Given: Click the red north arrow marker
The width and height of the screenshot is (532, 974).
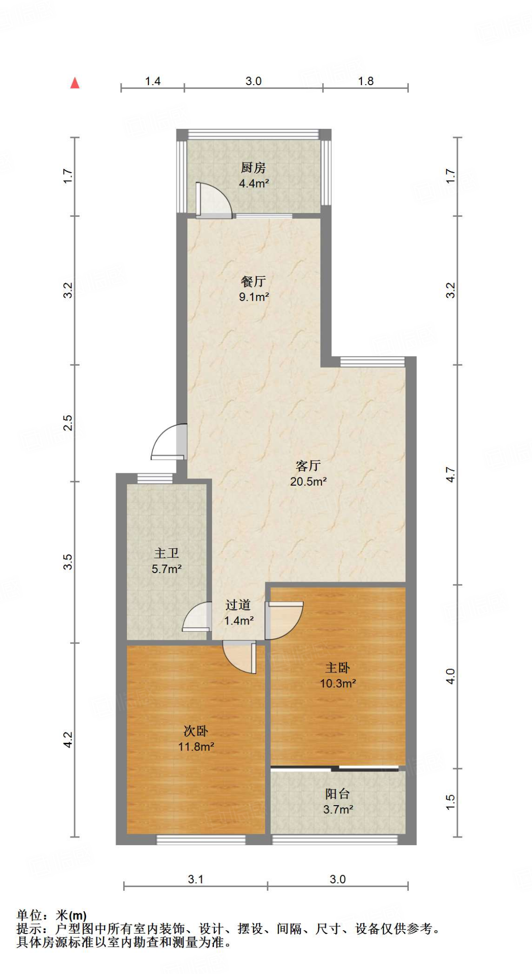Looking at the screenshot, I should (x=75, y=83).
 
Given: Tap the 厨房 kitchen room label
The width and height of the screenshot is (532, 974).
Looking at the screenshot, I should (x=253, y=168).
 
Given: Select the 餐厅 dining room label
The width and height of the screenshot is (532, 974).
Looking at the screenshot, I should (x=253, y=282).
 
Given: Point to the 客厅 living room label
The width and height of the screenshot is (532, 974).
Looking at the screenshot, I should (x=308, y=466).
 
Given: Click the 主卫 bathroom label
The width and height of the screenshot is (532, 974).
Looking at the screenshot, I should (x=166, y=553).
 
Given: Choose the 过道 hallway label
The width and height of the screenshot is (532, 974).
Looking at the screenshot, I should (x=238, y=605).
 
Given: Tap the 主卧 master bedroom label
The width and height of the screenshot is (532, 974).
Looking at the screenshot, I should (x=338, y=668).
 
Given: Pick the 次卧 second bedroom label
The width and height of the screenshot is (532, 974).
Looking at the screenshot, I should (x=196, y=731).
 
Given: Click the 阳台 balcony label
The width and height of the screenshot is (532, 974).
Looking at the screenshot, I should (x=338, y=794).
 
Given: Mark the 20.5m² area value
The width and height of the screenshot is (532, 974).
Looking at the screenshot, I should (x=308, y=481).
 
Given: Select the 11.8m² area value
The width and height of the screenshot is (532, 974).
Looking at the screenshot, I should (x=196, y=747).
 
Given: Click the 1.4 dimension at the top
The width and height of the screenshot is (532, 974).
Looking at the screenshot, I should (x=153, y=81).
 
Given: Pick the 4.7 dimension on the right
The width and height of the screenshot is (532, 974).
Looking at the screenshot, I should (x=450, y=475).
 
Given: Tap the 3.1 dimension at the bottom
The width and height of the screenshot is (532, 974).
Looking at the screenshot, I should (x=195, y=879).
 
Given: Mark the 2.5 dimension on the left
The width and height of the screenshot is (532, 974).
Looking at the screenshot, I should (x=68, y=423).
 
